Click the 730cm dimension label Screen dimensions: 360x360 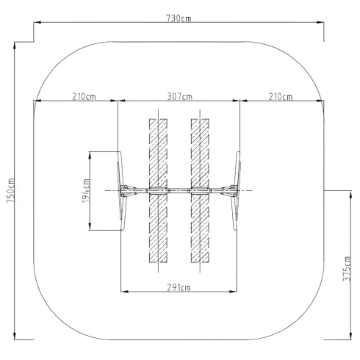(179, 18)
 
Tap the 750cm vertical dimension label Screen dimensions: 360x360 (11, 190)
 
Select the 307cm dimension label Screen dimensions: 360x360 (179, 96)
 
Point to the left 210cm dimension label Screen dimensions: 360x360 (84, 96)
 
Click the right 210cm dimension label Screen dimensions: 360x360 (281, 97)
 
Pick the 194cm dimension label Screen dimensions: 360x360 (86, 191)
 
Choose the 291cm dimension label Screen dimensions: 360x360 (179, 287)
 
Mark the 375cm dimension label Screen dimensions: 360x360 (347, 269)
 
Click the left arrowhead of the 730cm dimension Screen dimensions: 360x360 (37, 22)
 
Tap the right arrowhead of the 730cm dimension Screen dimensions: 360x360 (320, 22)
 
